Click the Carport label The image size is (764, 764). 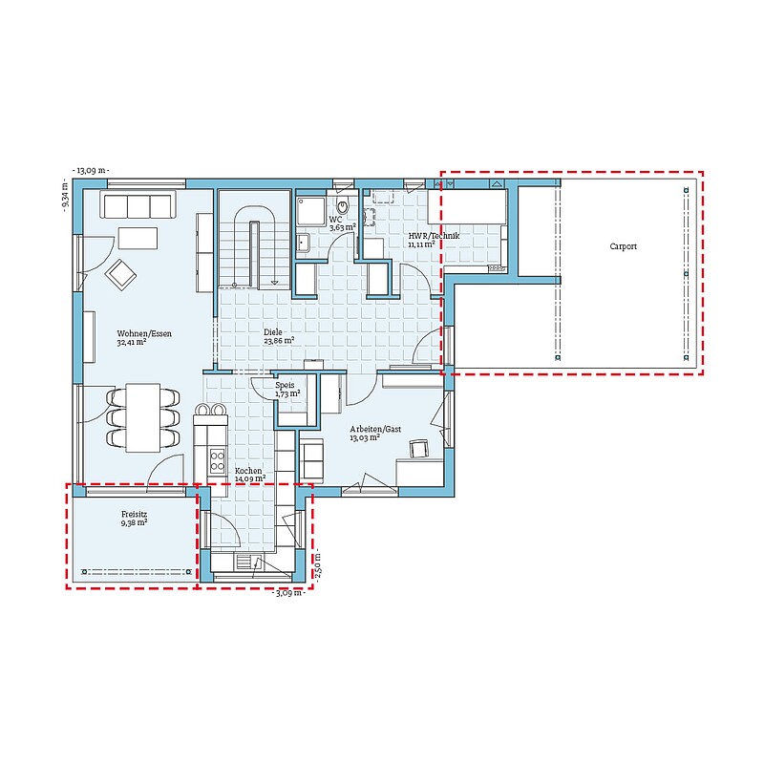[x=624, y=246]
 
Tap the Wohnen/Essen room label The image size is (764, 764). [x=144, y=333]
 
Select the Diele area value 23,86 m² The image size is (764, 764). [x=279, y=341]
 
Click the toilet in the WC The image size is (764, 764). [x=343, y=206]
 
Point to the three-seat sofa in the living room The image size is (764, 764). [x=138, y=205]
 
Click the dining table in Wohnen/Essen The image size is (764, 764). [x=142, y=417]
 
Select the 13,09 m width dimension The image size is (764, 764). [x=91, y=171]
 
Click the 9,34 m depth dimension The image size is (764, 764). [x=65, y=195]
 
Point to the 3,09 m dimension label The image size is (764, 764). [x=289, y=593]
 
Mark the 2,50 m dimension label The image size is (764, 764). [x=318, y=567]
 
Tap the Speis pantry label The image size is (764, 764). [x=285, y=385]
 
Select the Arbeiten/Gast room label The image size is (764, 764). [x=375, y=429]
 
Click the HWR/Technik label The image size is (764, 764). [x=434, y=236]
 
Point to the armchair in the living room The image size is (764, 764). [x=120, y=275]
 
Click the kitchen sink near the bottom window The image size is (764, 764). [x=249, y=562]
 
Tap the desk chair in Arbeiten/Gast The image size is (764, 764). [x=419, y=448]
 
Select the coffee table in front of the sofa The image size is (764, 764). [x=138, y=238]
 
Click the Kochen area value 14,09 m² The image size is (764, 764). [x=250, y=479]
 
